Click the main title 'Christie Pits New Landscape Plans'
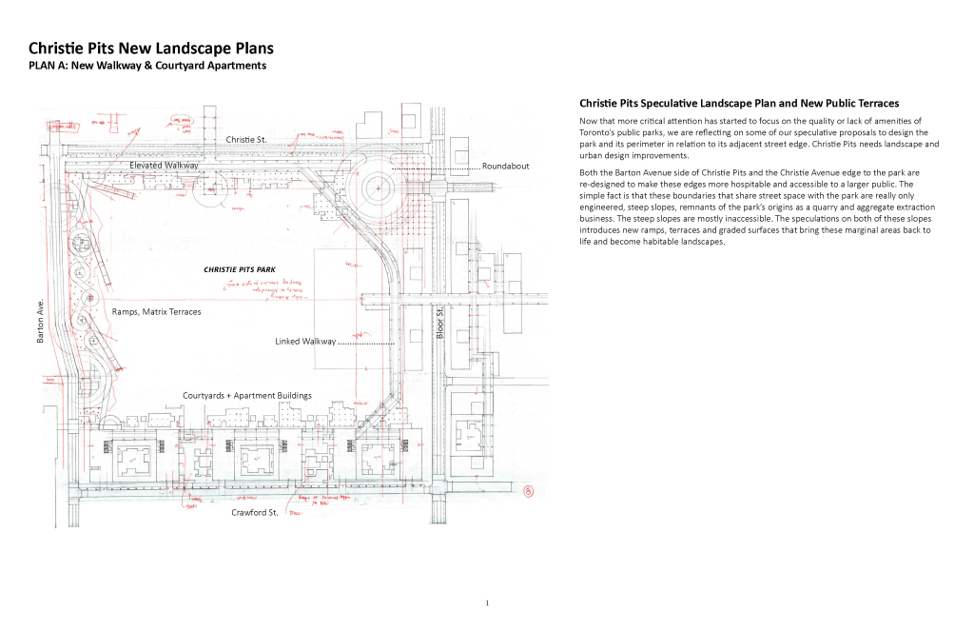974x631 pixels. click(x=150, y=48)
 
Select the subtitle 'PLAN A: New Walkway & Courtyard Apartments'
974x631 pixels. click(x=147, y=66)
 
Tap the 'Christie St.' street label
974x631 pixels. click(x=245, y=140)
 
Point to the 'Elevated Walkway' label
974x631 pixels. click(x=164, y=165)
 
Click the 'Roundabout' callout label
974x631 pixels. click(x=505, y=167)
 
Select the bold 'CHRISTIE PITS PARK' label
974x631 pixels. click(x=240, y=269)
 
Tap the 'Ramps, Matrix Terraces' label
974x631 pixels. click(x=156, y=311)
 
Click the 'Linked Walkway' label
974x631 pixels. click(x=305, y=341)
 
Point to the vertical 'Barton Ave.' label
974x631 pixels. click(x=42, y=323)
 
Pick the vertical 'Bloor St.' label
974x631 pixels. click(x=439, y=324)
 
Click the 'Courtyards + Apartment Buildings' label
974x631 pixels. click(x=247, y=395)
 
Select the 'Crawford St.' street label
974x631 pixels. click(x=254, y=512)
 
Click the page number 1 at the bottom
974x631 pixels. click(x=486, y=602)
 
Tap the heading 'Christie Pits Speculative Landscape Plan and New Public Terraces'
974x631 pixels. click(x=739, y=103)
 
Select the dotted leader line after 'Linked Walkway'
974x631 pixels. click(x=366, y=342)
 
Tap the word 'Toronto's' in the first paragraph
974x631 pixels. click(x=601, y=132)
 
